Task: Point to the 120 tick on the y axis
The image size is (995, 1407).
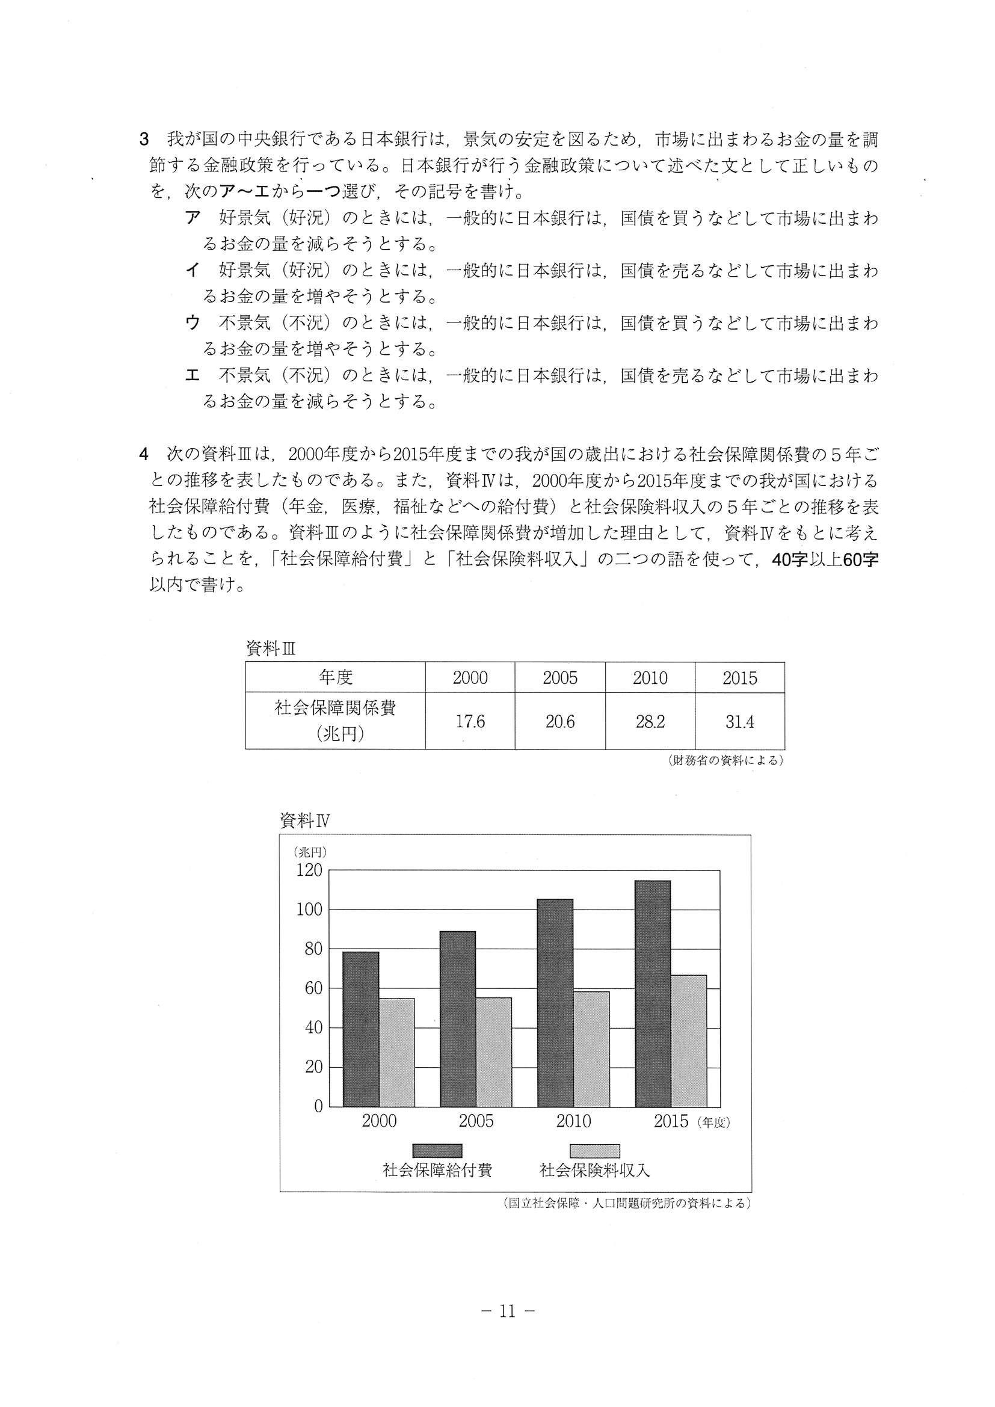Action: tap(309, 870)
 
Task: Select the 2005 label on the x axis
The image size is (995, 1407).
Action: tap(476, 1121)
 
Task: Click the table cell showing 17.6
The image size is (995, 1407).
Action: tap(470, 721)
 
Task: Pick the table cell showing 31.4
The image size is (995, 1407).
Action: tap(739, 721)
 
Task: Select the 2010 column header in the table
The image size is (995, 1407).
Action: tap(650, 678)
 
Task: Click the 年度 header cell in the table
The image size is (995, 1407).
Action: tap(335, 678)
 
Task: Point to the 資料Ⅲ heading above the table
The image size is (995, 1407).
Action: tap(270, 649)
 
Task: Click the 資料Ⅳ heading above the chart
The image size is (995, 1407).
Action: tap(304, 821)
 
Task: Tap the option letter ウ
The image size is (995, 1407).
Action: tap(193, 323)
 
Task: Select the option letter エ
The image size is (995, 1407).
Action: tap(193, 375)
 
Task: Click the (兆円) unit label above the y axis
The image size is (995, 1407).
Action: tap(310, 851)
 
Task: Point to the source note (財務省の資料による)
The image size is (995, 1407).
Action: tap(725, 760)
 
